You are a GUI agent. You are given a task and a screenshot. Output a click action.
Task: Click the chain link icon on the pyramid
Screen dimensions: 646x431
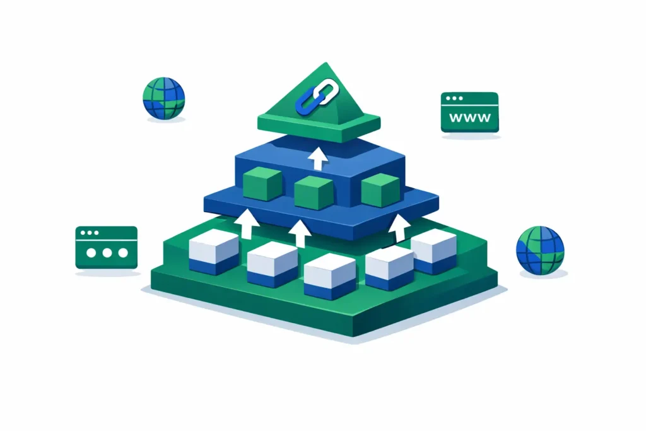coord(317,97)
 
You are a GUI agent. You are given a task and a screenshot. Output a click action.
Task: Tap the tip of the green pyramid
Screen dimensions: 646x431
coord(326,62)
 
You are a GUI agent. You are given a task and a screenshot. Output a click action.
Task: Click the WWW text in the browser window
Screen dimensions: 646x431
coord(469,117)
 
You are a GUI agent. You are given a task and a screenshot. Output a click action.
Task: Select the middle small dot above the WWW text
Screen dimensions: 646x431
coord(454,98)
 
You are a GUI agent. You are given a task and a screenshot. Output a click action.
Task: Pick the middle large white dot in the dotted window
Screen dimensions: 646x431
coord(107,252)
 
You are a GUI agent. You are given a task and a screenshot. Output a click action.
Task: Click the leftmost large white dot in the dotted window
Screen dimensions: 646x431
coord(91,252)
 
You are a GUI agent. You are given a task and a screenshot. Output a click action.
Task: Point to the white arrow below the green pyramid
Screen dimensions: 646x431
coord(318,159)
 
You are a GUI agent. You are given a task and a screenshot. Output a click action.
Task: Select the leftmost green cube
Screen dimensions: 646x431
coord(262,184)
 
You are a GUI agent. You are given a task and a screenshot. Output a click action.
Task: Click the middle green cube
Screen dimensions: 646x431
coord(314,192)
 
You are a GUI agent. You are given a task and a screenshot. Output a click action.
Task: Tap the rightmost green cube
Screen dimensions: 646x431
coord(380,190)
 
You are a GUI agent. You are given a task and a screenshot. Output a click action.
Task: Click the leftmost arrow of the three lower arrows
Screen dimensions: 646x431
coord(247,224)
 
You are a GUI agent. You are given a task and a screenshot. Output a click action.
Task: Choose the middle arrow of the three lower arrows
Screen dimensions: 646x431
coord(300,233)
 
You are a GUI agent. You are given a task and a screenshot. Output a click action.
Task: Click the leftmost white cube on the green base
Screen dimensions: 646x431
coord(214,252)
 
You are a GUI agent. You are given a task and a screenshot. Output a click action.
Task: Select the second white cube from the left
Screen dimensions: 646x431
coord(273,264)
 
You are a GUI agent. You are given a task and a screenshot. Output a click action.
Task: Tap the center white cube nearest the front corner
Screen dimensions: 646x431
coord(329,276)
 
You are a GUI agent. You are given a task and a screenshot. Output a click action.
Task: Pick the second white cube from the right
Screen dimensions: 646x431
coord(389,268)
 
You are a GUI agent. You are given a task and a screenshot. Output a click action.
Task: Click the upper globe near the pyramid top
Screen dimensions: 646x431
coord(164,98)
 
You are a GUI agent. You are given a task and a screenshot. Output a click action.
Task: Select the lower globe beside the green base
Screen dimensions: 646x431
coord(540,250)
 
